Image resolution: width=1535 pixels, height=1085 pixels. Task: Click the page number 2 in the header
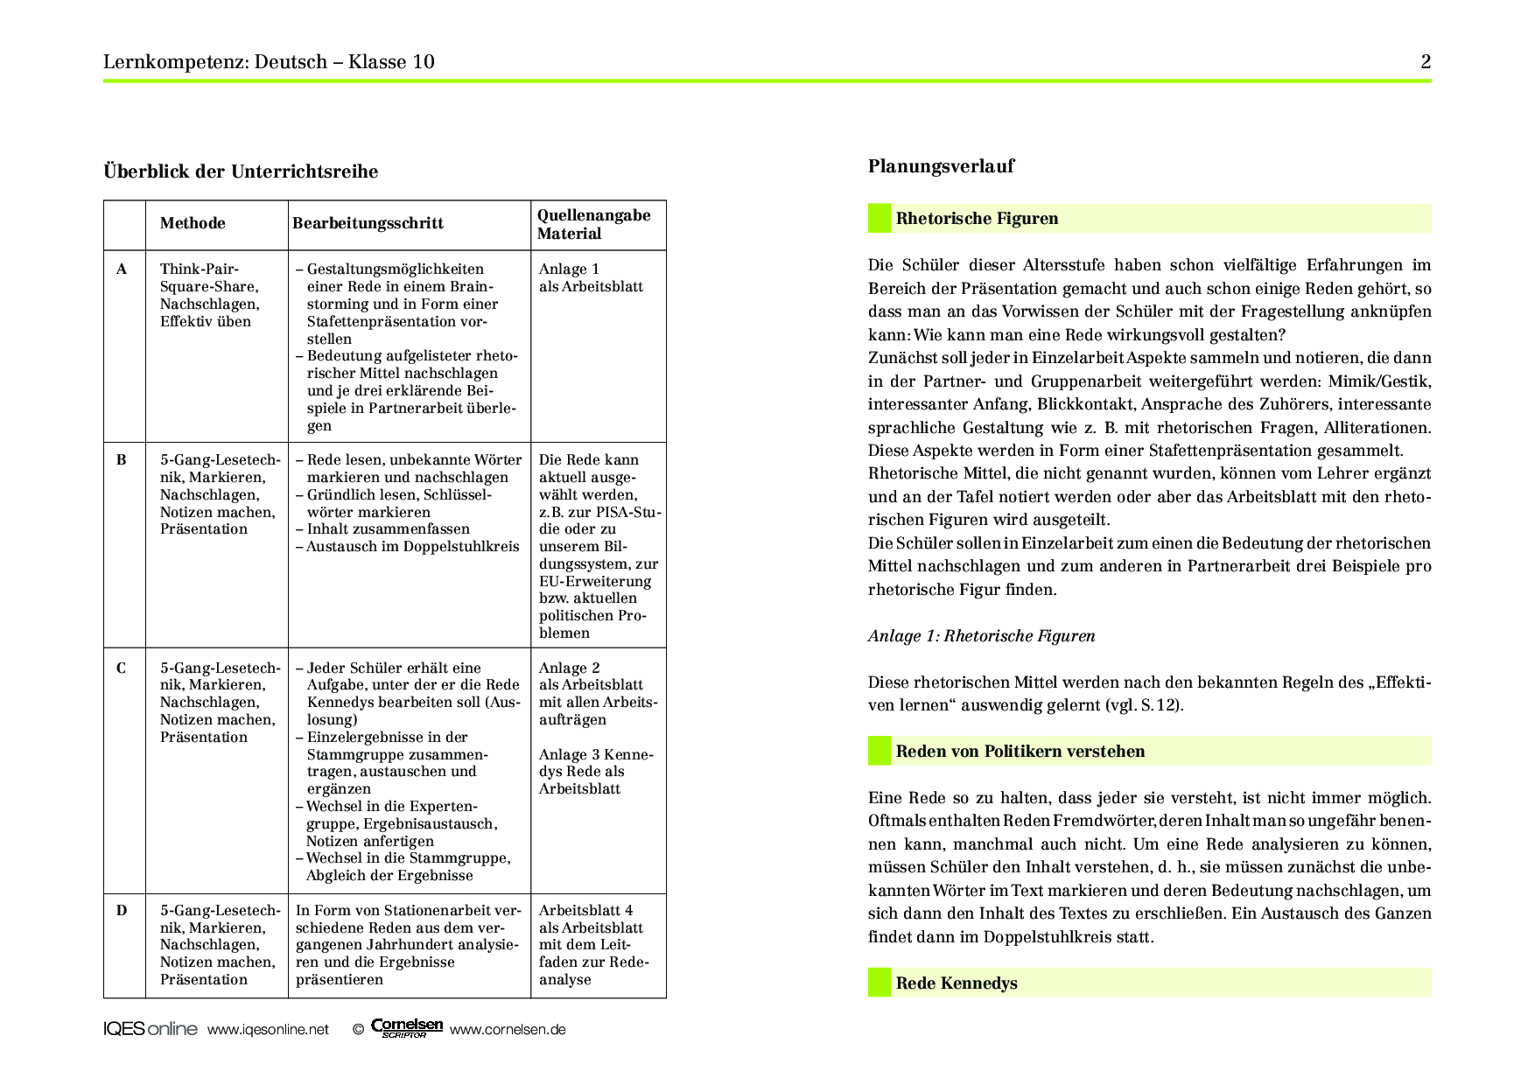point(1426,62)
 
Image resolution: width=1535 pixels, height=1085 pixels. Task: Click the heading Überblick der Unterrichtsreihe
point(241,171)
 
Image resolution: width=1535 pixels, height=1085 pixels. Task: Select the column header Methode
point(193,223)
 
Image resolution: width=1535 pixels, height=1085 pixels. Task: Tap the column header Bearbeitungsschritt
point(368,223)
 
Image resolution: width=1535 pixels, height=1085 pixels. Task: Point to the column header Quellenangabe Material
point(593,225)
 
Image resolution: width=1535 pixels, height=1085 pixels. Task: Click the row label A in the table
point(122,269)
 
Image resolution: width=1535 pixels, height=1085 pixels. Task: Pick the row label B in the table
point(122,460)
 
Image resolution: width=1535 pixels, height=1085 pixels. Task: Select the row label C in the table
point(122,668)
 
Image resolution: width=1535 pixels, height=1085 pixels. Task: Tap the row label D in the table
point(122,911)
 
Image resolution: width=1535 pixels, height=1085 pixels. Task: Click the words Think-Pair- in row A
point(199,269)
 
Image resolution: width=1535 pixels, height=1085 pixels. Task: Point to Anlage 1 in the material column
point(569,269)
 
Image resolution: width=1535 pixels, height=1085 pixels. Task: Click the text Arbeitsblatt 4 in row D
point(585,911)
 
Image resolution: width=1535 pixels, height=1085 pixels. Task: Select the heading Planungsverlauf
point(941,166)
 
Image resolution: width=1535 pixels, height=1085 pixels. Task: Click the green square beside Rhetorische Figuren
point(879,219)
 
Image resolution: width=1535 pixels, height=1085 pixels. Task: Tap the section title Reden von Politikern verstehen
point(1020,752)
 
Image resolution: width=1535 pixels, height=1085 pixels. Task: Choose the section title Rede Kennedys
point(957,983)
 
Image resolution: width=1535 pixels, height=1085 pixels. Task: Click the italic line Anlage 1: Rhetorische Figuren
point(981,636)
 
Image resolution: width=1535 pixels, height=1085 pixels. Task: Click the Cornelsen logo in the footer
point(407,1028)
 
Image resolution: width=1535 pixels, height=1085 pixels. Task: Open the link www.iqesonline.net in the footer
point(268,1030)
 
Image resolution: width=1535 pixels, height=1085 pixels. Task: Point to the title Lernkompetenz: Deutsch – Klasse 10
point(269,62)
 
